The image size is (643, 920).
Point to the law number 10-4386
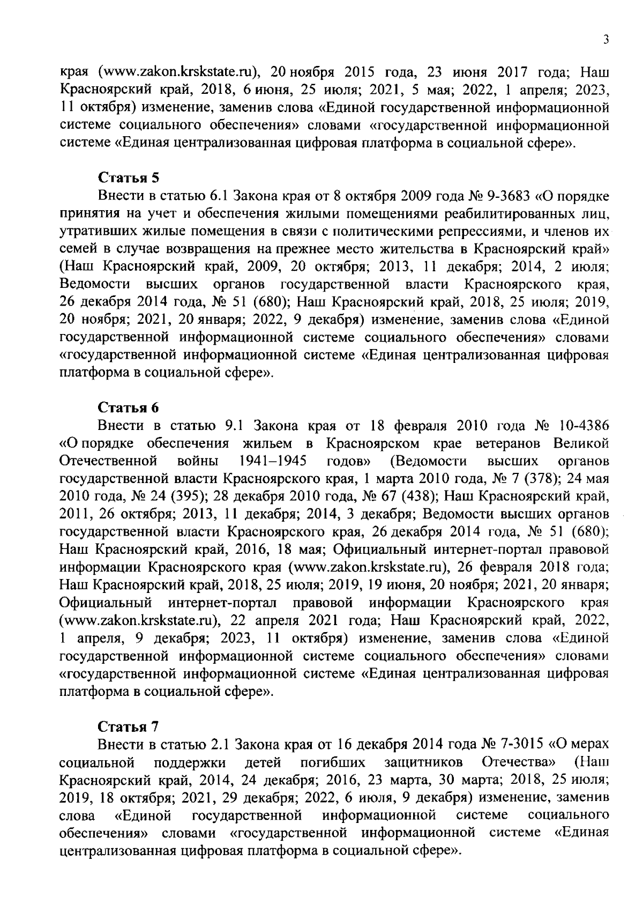583,426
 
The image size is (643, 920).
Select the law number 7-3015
522,744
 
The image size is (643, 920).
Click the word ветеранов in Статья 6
507,443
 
